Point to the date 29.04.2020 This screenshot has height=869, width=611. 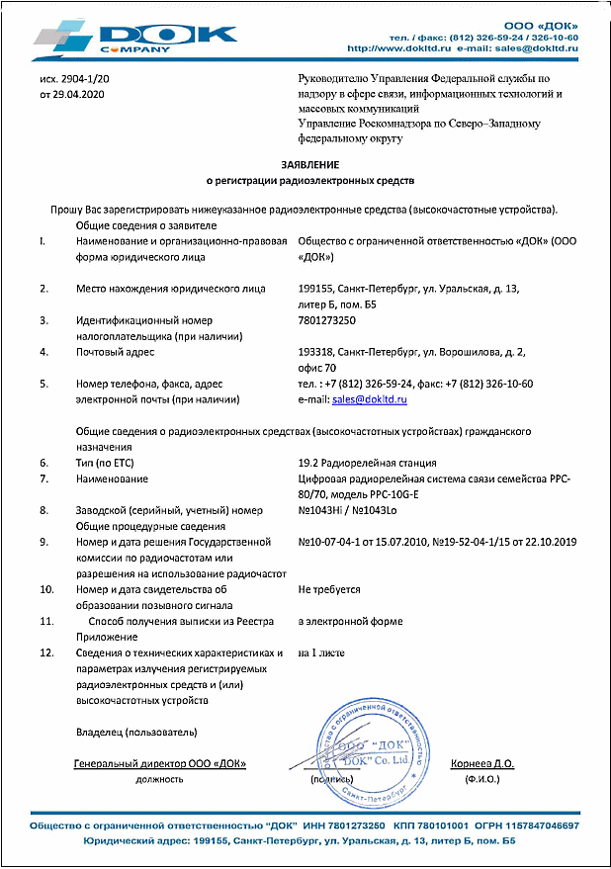[78, 95]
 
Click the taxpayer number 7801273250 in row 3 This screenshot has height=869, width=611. [328, 320]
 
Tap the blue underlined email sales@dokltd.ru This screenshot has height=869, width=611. [373, 398]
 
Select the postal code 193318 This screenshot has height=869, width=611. [315, 352]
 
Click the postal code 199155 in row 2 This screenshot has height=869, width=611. [315, 289]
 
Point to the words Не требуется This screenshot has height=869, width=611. [329, 589]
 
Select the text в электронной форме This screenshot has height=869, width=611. [350, 621]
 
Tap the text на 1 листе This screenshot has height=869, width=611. [321, 652]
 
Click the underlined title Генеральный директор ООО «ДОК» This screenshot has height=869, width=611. [159, 764]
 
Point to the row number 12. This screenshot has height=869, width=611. [45, 652]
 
